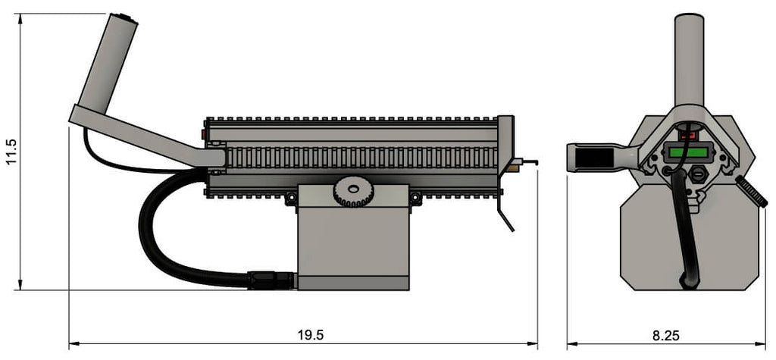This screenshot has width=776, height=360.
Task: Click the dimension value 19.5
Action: click(x=309, y=334)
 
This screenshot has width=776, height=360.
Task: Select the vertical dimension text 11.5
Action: click(x=10, y=152)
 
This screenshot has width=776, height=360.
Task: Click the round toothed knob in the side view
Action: click(x=352, y=192)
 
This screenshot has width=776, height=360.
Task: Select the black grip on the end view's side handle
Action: click(x=595, y=158)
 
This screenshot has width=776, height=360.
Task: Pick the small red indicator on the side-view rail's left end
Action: click(x=205, y=135)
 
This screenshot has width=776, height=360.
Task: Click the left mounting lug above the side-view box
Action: click(x=289, y=199)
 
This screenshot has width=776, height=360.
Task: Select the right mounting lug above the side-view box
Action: click(x=415, y=199)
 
